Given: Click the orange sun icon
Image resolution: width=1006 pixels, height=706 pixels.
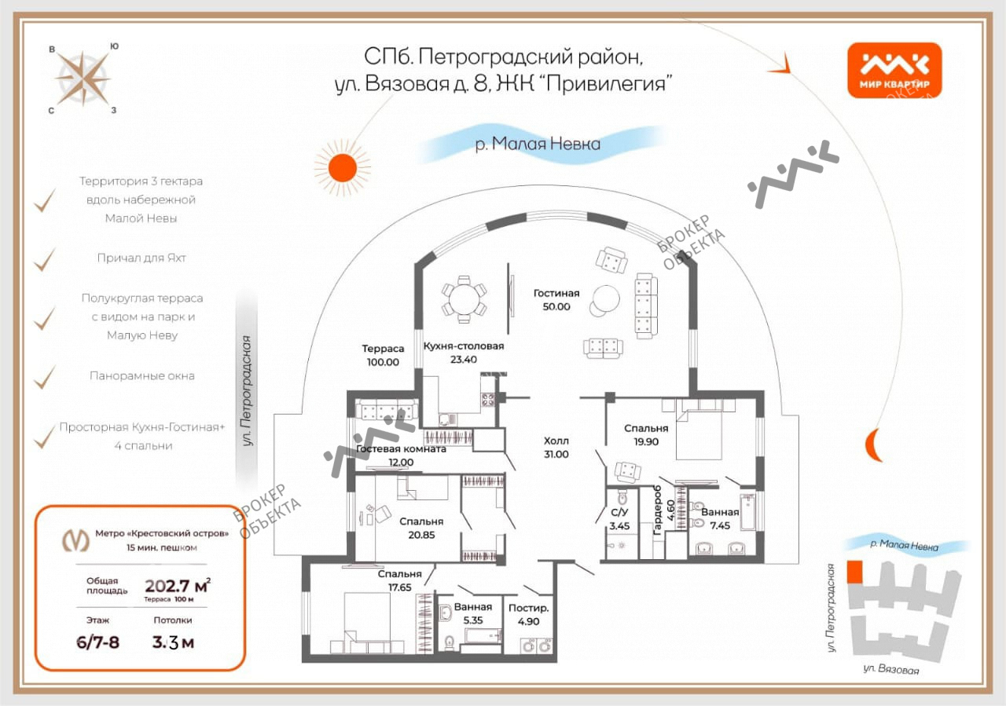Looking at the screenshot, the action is point(343,168).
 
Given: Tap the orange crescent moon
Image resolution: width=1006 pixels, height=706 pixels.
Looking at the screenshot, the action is point(872,444).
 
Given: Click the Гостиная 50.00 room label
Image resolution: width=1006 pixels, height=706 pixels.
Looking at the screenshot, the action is point(556,300).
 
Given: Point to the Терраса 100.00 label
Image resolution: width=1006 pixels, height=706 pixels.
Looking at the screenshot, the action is point(383,355).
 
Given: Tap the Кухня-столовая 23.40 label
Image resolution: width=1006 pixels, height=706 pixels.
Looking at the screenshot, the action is point(464,353).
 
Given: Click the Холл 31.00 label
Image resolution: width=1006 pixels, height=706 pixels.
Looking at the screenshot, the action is point(556,448).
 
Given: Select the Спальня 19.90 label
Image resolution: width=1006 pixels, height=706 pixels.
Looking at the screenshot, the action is point(646,435).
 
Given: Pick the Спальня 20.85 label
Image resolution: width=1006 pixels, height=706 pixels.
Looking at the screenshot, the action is point(421,529).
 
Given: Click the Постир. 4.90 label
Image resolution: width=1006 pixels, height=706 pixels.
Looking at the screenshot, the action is point(529,615).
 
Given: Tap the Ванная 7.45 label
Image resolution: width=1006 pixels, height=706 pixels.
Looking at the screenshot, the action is point(720,519).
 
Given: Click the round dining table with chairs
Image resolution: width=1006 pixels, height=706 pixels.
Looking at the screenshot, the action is point(464,299).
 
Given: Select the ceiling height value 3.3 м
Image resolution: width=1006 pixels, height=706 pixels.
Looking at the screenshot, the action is point(173,642).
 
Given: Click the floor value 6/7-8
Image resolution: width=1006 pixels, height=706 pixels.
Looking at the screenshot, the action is point(98,642).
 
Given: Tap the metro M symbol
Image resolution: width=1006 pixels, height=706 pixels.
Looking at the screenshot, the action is point(75,540).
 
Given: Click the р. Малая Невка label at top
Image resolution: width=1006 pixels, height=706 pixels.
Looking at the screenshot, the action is point(538,144).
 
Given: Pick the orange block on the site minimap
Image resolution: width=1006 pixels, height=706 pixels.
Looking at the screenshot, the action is point(854,572).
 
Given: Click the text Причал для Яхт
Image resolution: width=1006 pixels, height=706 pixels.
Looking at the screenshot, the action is point(141,258).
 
